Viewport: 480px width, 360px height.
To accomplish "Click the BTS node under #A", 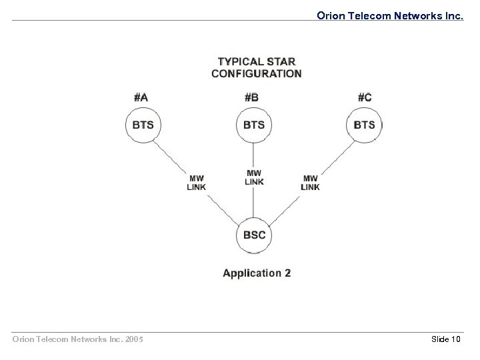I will pos(143,125).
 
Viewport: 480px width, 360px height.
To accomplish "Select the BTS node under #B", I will pos(253,125).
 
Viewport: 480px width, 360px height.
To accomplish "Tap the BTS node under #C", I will pos(364,125).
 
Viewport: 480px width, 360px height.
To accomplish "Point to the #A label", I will pos(141,97).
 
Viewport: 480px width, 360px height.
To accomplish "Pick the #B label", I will pos(251,97).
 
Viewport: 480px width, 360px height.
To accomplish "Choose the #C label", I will pos(364,97).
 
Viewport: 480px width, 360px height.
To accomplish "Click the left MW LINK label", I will pos(196,183).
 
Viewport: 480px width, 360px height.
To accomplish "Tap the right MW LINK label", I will pos(310,183).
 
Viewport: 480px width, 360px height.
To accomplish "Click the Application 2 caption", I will pos(257,273).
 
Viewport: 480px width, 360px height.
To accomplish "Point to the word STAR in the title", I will pos(279,61).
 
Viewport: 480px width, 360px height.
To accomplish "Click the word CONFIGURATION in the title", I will pos(257,73).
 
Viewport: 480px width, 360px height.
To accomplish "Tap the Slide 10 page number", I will pos(446,339).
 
